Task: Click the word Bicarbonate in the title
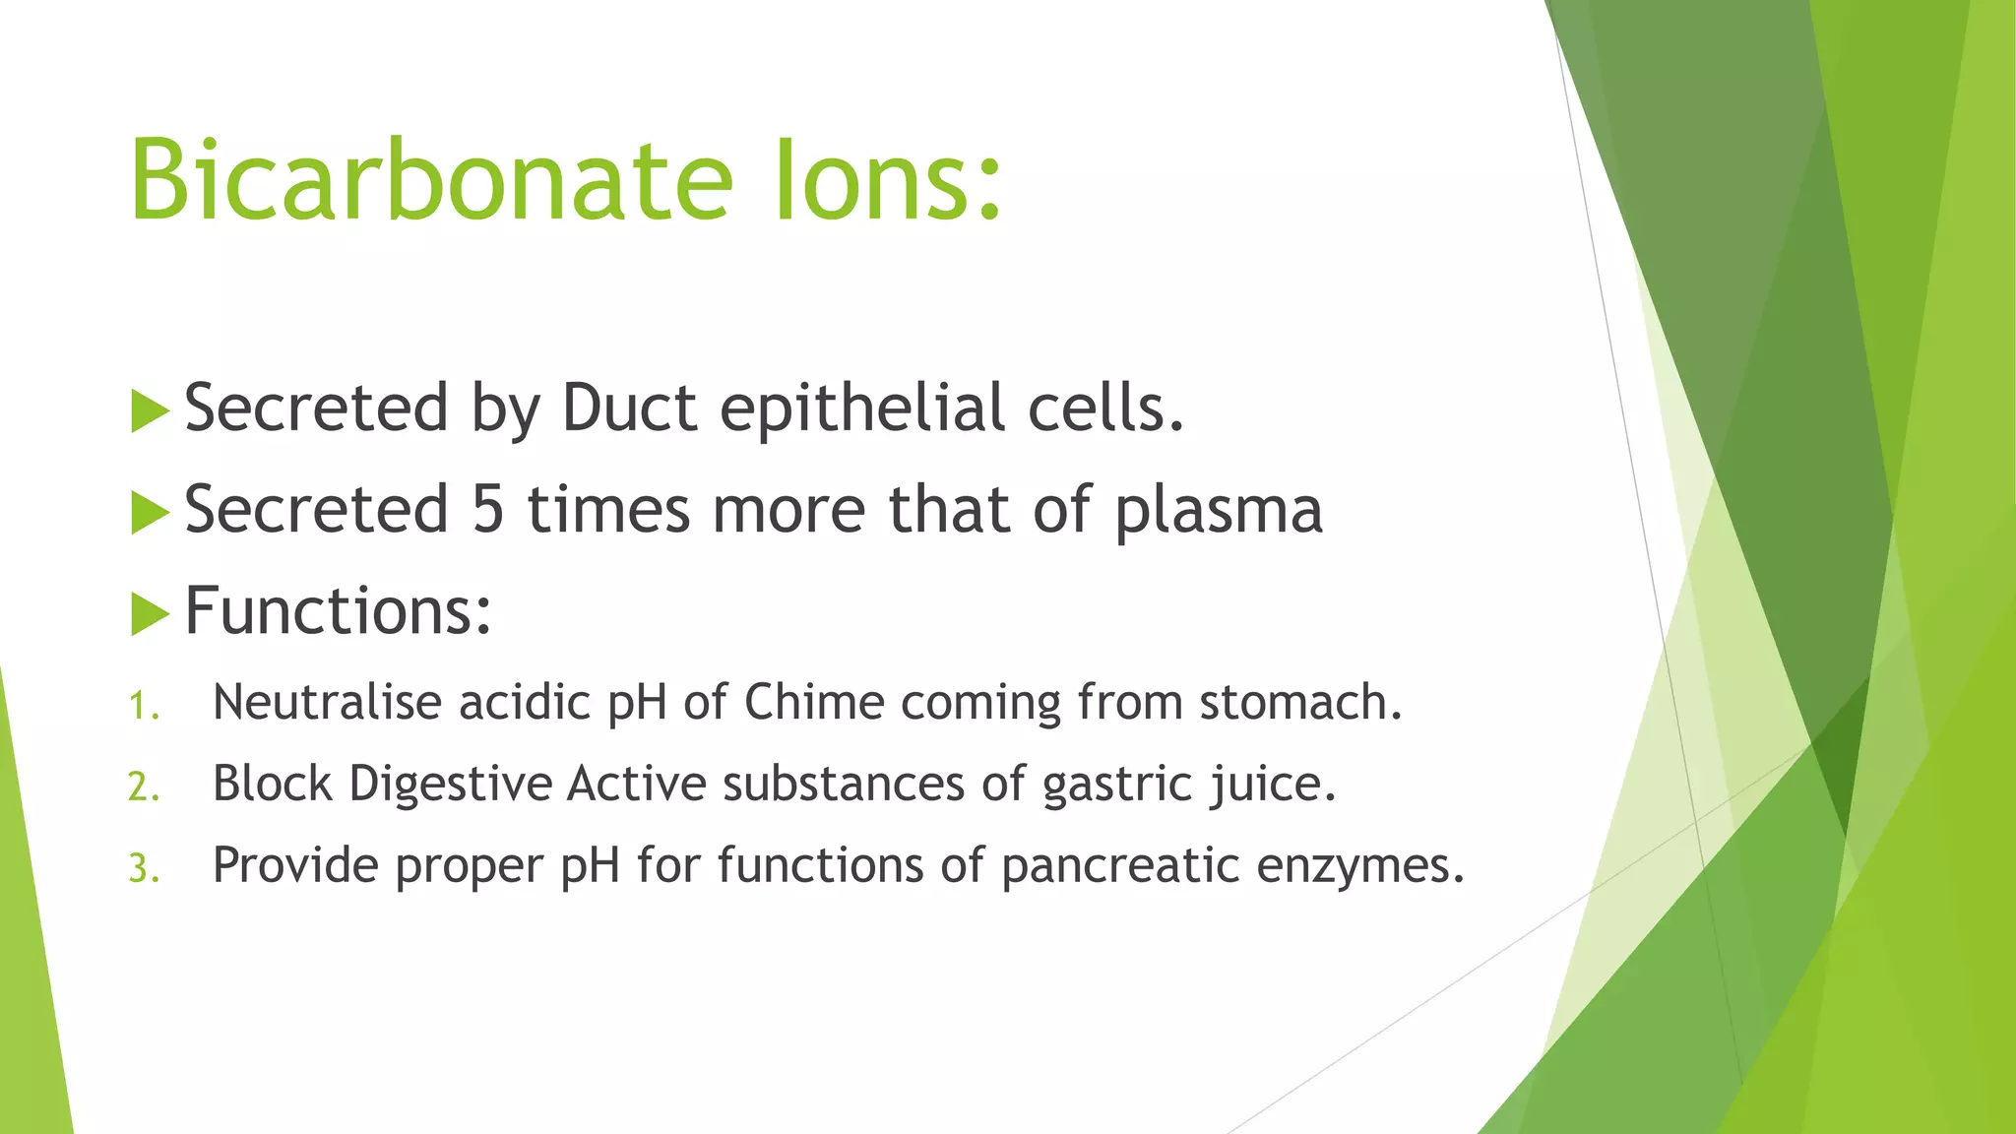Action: click(431, 181)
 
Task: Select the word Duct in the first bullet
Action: click(629, 408)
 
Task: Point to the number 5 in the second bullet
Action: click(488, 510)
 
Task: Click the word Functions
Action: click(338, 610)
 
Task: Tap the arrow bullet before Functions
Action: click(150, 614)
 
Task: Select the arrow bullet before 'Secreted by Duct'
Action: click(150, 410)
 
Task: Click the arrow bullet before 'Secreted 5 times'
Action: click(150, 513)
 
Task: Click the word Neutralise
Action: click(327, 703)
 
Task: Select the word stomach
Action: click(1299, 703)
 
